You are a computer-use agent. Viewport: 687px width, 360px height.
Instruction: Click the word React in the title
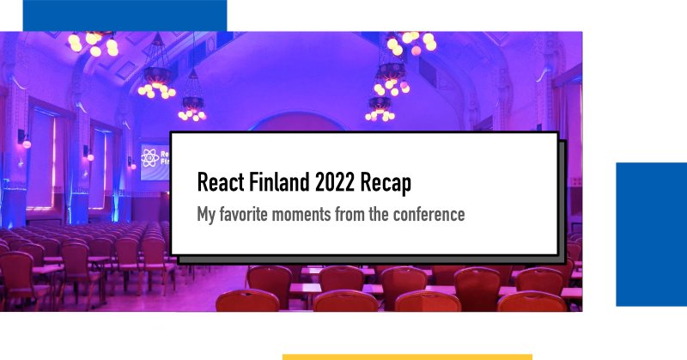tap(220, 183)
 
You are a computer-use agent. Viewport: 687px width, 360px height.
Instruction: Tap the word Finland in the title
tap(282, 183)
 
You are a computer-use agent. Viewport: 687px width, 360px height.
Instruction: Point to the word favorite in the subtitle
tap(254, 214)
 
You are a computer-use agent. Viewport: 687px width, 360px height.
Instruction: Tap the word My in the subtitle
tap(207, 214)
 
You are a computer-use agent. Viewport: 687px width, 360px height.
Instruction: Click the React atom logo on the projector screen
tap(149, 158)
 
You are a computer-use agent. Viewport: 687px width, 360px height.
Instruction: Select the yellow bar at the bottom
tap(407, 356)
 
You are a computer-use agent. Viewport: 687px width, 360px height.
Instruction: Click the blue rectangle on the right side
tap(651, 234)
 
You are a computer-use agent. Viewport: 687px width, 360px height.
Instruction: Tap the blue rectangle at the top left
tap(125, 15)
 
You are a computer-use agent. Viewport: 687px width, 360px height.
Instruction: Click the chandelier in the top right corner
tap(411, 42)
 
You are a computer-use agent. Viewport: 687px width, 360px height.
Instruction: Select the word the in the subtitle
tap(383, 214)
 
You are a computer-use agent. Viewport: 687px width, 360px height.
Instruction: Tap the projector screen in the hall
tap(155, 160)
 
